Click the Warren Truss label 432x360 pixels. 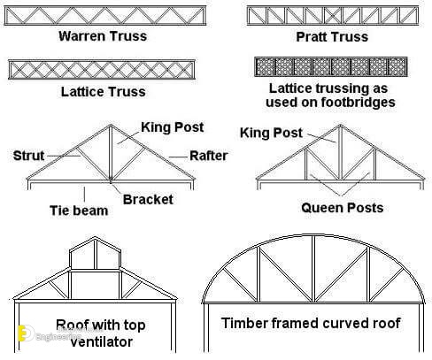pos(103,36)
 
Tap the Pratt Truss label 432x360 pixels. pos(332,37)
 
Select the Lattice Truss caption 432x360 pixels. pos(103,92)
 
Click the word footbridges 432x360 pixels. pos(358,103)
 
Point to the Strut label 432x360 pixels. pos(28,156)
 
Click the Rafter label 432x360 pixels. pos(209,156)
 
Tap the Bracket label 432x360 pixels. pos(148,200)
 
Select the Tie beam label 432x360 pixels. pos(79,211)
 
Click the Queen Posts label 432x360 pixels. pos(343,208)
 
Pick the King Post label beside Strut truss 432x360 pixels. pos(173,127)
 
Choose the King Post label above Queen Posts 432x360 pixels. pos(271,133)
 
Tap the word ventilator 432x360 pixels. pos(102,342)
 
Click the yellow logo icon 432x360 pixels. pos(22,333)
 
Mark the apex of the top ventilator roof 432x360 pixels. pos(95,237)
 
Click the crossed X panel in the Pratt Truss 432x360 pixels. pos(333,16)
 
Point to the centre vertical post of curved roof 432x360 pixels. pos(313,269)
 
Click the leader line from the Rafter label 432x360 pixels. pos(178,157)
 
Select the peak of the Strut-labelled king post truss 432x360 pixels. pos(111,125)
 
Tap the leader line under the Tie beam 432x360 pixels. pos(85,194)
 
